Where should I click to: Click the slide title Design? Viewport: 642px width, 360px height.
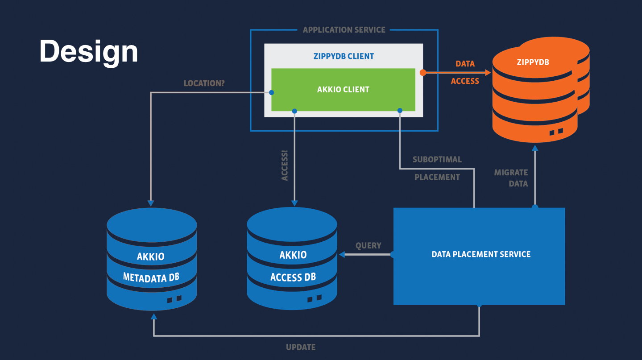tap(89, 51)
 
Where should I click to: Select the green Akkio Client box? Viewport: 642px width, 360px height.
tap(343, 90)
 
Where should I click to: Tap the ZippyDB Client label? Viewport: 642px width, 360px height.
tap(343, 57)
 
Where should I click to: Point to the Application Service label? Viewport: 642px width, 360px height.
tap(344, 30)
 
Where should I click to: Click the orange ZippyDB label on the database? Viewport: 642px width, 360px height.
tap(533, 62)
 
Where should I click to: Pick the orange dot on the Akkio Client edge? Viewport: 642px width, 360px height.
tap(423, 72)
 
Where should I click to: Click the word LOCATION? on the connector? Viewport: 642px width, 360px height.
tap(204, 83)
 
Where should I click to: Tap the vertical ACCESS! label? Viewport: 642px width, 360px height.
tap(285, 166)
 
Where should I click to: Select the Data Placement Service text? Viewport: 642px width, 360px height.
tap(481, 254)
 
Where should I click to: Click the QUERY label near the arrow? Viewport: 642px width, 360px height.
tap(368, 246)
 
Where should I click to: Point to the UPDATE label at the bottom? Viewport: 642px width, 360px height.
tap(301, 347)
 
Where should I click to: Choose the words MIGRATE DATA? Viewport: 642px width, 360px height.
tap(511, 178)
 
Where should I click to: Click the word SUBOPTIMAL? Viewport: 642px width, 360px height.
tap(437, 159)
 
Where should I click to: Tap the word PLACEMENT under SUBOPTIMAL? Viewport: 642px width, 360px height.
tap(437, 177)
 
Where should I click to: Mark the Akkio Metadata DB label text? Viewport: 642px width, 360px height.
tap(151, 267)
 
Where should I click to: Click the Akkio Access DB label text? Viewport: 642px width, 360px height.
tap(293, 266)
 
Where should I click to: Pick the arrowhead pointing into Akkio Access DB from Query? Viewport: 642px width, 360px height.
tap(342, 254)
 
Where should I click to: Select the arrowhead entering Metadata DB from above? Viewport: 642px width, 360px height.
tap(151, 203)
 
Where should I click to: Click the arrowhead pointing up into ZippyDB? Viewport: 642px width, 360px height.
tap(535, 147)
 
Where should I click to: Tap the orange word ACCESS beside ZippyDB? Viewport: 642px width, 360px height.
tap(465, 81)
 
